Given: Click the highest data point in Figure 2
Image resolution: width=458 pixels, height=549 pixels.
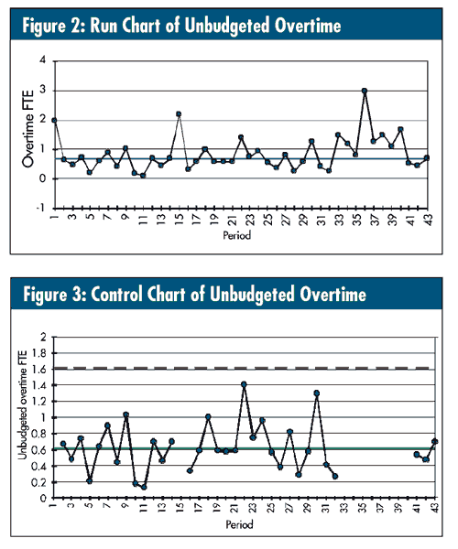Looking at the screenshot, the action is pos(365,91).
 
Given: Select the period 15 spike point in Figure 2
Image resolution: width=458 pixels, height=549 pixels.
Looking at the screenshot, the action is pos(179,114).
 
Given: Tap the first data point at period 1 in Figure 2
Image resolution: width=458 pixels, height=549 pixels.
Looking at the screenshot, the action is pos(54,120).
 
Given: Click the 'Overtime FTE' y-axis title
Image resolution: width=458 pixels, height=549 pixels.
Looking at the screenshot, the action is pos(28,128).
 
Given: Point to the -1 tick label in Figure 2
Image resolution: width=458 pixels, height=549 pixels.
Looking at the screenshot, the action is pos(41,208).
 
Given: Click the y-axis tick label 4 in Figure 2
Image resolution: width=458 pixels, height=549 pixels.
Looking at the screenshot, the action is pos(43,59).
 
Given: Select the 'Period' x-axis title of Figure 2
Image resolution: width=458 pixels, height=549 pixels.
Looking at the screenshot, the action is pos(237,235).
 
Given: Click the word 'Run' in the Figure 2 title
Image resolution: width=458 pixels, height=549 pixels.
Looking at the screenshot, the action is pos(104,26).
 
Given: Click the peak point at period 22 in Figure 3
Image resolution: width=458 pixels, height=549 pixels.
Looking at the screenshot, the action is pos(244,384).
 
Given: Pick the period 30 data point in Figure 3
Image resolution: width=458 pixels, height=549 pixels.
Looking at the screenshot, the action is pos(317,393).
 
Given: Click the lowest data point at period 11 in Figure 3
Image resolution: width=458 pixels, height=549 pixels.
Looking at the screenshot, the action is pos(144,487).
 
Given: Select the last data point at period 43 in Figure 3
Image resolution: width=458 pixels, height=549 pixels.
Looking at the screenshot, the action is pos(435,442).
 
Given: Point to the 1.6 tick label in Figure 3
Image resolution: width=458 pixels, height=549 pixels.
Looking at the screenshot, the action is pos(39,369).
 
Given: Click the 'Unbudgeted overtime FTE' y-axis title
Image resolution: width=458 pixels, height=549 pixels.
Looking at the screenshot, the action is pos(22,405).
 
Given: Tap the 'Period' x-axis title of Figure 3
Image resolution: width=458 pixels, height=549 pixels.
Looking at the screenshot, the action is pos(240,524).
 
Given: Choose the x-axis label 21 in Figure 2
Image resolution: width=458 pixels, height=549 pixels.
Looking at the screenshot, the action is pos(232,221).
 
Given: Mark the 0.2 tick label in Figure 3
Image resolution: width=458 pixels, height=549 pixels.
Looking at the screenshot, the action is pos(39,482).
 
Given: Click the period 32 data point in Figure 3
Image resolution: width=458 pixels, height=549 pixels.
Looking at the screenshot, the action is pos(335,476).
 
